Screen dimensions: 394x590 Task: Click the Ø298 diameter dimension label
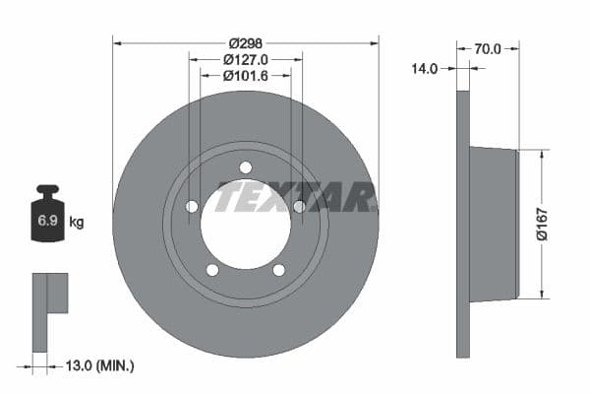click(x=246, y=42)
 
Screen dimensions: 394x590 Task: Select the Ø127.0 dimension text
click(x=246, y=59)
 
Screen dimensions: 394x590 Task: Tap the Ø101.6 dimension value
click(x=246, y=75)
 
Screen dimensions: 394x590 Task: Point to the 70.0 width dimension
click(x=488, y=48)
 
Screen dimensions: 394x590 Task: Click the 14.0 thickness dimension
click(x=425, y=69)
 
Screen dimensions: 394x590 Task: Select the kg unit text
click(x=76, y=223)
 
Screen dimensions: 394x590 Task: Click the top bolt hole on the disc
click(x=246, y=166)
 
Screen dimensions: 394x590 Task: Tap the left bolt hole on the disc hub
click(x=193, y=206)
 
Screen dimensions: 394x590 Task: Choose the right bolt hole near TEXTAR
click(x=299, y=206)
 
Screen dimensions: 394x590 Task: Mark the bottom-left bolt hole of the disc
click(x=212, y=269)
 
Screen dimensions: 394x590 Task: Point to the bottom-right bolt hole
click(x=278, y=269)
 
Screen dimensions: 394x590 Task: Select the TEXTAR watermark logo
click(x=295, y=197)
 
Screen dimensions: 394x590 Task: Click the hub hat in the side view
click(x=492, y=225)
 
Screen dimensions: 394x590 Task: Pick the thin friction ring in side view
click(x=463, y=225)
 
